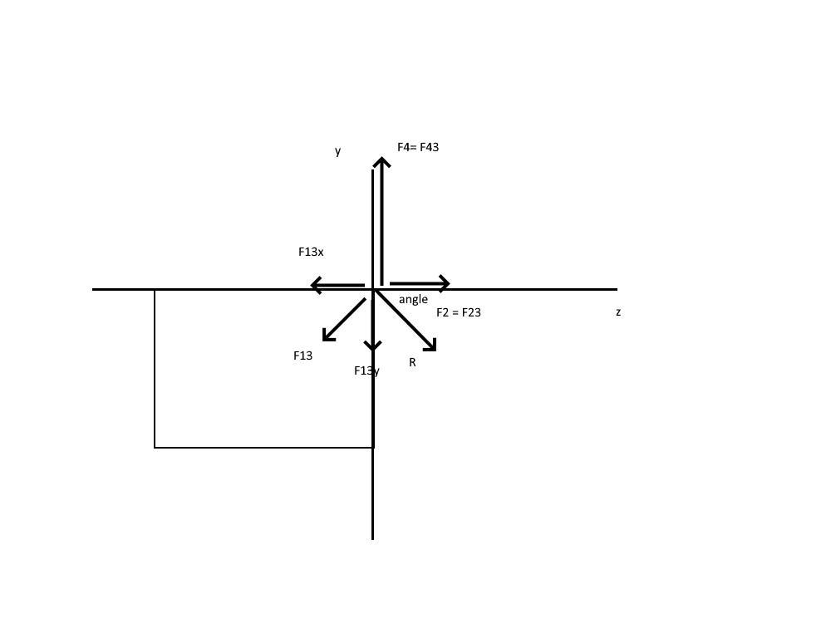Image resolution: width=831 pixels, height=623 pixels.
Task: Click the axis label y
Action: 337,151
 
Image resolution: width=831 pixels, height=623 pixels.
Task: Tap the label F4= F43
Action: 418,147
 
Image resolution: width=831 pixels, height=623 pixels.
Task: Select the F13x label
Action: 311,252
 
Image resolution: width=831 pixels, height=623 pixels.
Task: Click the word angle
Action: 413,299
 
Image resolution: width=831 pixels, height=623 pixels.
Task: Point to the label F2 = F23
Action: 459,312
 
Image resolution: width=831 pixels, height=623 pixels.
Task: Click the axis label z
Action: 618,312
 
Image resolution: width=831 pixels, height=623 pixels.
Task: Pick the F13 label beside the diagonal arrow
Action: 303,356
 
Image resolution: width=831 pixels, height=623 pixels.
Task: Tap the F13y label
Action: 366,370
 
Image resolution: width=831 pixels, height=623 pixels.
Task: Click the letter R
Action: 412,362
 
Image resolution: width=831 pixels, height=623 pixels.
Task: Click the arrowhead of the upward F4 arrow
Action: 381,159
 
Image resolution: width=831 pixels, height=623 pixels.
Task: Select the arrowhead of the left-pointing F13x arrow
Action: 313,286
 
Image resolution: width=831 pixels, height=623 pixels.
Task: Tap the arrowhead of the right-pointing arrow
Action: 447,284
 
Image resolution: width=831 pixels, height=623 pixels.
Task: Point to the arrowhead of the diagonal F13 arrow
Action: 325,337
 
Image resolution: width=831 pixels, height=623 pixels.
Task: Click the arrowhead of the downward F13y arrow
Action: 372,347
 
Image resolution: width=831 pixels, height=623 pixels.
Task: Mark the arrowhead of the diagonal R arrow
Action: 433,347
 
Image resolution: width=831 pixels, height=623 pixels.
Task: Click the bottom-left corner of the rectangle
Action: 155,447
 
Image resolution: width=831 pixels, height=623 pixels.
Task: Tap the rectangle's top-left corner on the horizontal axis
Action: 155,289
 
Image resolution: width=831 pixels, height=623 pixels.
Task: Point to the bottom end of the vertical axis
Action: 372,538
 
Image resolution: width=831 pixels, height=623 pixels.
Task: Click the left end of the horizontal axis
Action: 93,289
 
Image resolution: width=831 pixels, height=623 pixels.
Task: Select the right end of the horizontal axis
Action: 617,289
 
